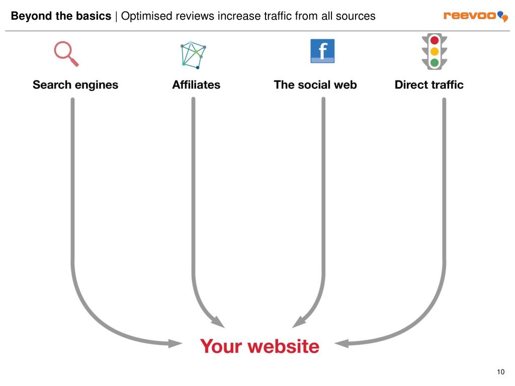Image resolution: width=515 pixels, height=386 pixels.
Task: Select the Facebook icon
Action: click(x=322, y=51)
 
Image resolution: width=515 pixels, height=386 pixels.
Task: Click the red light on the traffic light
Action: click(x=435, y=40)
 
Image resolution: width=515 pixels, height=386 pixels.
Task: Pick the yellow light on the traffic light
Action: click(x=435, y=51)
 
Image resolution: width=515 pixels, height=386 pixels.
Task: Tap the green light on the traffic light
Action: click(x=435, y=62)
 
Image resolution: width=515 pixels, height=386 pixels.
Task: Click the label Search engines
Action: click(x=75, y=84)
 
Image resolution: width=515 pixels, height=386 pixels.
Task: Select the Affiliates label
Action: click(x=196, y=84)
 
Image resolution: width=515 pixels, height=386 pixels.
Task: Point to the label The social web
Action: click(x=315, y=84)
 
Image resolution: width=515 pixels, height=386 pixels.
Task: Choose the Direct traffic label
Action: click(x=429, y=84)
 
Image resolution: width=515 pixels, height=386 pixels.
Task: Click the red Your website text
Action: click(x=260, y=346)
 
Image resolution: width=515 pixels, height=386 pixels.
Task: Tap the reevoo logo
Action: click(x=475, y=16)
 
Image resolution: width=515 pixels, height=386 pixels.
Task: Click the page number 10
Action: click(x=500, y=372)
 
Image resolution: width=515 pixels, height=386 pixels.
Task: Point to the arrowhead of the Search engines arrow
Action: click(x=175, y=344)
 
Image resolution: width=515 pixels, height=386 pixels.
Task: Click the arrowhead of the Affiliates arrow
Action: click(x=218, y=322)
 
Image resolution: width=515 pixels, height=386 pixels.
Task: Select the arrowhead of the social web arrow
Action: click(x=299, y=322)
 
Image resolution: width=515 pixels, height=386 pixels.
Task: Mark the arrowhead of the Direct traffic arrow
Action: click(x=342, y=344)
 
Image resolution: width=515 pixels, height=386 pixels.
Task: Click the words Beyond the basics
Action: click(x=61, y=16)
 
